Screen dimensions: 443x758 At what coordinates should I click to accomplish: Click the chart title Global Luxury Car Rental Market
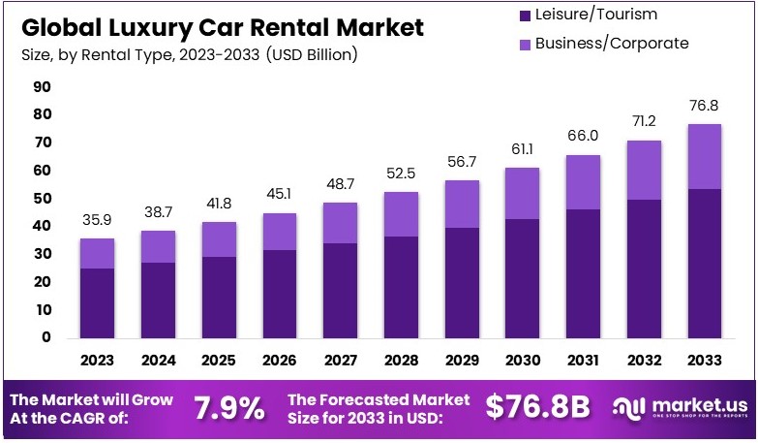222,27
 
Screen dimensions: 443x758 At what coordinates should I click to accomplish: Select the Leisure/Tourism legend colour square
524,15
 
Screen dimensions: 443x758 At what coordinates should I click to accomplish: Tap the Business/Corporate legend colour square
524,44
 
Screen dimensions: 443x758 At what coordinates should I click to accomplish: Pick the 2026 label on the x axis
280,361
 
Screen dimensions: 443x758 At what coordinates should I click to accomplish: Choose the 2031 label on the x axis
584,361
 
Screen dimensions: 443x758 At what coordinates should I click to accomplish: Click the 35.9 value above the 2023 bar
97,219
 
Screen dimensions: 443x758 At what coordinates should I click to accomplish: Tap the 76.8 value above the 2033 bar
704,106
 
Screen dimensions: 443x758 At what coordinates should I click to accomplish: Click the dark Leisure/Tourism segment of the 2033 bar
704,263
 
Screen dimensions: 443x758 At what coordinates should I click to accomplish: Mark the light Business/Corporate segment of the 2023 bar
97,253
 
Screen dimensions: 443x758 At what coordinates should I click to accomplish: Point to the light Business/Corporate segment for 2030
523,193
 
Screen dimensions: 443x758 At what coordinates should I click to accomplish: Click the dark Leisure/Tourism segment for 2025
219,297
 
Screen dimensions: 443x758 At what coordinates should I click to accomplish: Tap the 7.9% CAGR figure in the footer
228,408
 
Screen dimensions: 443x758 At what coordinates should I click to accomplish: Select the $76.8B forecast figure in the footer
536,408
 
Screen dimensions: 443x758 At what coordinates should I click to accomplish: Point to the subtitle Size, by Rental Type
189,54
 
